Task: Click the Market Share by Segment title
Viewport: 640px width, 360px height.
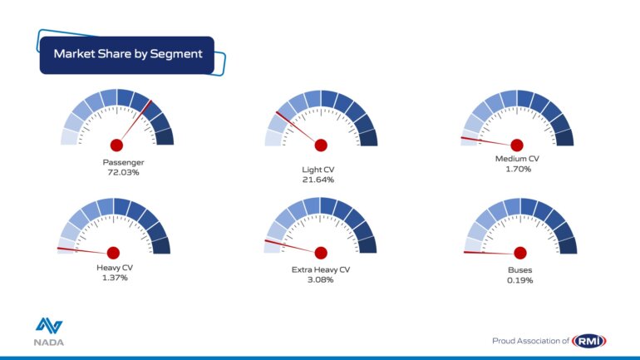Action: coord(128,54)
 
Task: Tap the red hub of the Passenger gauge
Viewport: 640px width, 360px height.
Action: coord(116,145)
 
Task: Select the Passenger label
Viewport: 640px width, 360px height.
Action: coord(123,162)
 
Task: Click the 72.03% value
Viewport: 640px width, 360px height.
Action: coord(123,172)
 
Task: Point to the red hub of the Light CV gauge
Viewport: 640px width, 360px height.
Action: coord(321,145)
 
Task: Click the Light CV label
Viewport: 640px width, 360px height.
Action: coord(318,170)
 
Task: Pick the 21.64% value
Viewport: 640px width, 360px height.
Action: coord(318,180)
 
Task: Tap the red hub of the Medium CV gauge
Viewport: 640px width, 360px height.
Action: coord(517,145)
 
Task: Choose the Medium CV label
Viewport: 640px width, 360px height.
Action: coord(517,159)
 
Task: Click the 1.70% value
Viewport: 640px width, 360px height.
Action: coord(519,169)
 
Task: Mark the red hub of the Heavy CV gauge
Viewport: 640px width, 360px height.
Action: coord(113,253)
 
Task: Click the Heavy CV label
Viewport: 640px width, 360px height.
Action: coord(115,268)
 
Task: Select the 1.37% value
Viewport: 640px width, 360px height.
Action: coord(115,278)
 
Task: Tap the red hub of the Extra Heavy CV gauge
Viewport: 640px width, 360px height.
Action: coord(321,253)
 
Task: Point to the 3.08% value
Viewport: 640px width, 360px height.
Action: coord(320,279)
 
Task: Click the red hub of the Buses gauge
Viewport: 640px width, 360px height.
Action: coord(520,253)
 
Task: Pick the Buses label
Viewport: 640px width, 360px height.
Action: coord(520,270)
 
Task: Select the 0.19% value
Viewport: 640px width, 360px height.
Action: coord(520,280)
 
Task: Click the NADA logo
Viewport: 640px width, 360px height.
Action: coord(49,332)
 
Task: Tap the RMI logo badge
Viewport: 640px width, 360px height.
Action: coord(588,341)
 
